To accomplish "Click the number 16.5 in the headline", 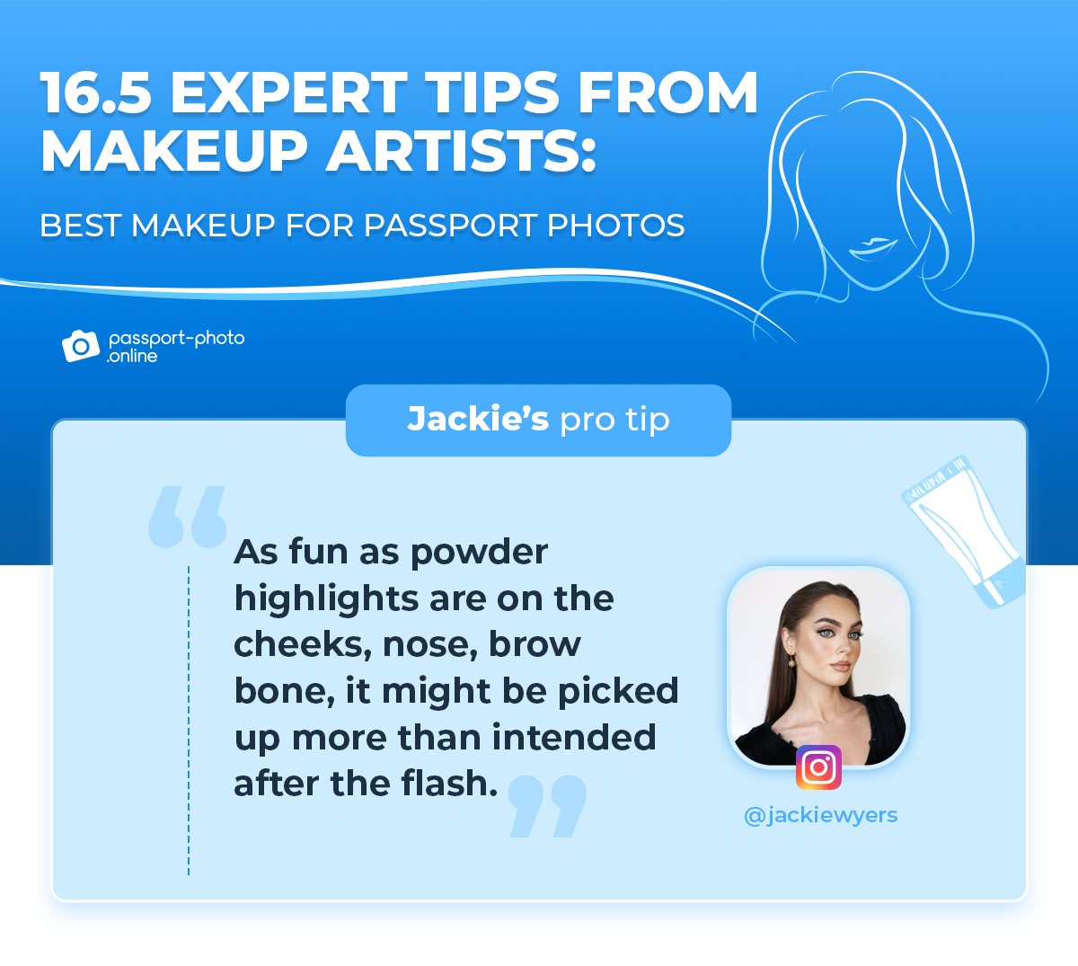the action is tap(96, 93).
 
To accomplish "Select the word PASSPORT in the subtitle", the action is tap(449, 226).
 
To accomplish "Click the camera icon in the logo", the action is tap(81, 346).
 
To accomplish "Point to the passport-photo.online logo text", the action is tap(176, 347).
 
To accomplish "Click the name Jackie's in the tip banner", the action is tap(478, 419).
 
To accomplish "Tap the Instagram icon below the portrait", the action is tap(818, 767).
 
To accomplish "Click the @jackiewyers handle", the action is tap(820, 815).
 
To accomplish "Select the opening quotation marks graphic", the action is tap(187, 517).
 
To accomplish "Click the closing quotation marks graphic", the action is tap(547, 806).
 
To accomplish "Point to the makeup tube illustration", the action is tap(964, 532).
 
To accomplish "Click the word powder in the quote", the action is tap(479, 554).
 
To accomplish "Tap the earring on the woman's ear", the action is tap(791, 662).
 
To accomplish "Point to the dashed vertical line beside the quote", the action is tap(189, 721).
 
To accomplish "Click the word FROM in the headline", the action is tap(667, 93).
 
